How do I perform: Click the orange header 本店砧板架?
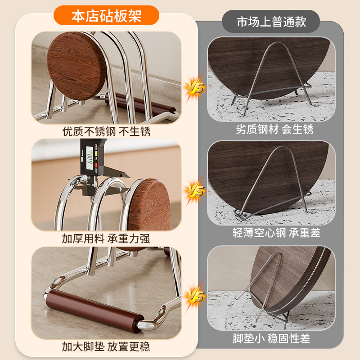(x=106, y=16)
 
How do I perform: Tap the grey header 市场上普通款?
(x=271, y=22)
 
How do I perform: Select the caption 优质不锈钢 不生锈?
(x=106, y=131)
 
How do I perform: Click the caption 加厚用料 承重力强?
(x=106, y=238)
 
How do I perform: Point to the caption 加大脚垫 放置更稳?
(x=106, y=346)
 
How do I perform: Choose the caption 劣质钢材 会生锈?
(x=274, y=129)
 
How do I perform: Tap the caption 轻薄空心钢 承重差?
(x=276, y=233)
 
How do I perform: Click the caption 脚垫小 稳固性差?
(x=271, y=338)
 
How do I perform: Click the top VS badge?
(x=195, y=87)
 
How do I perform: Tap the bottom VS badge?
(x=195, y=296)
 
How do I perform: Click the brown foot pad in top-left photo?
(x=140, y=104)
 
